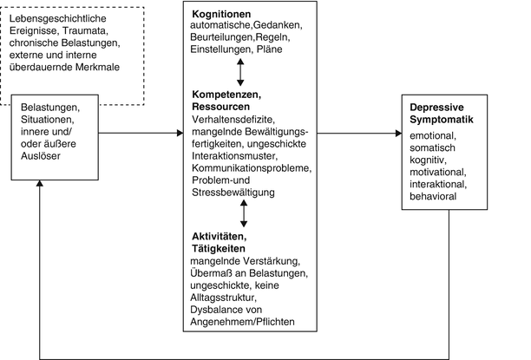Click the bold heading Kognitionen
click(x=221, y=16)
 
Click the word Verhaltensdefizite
click(x=230, y=121)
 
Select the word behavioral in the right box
click(x=436, y=197)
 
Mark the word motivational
click(x=440, y=173)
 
